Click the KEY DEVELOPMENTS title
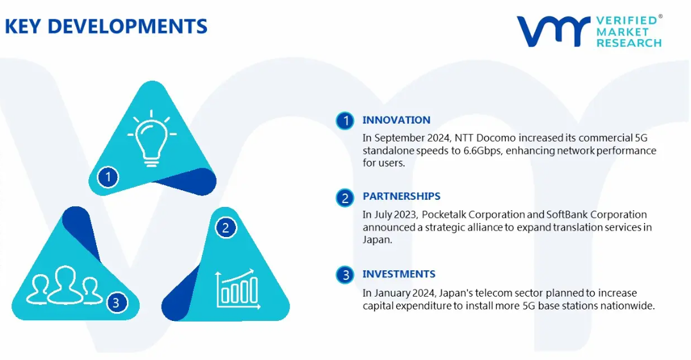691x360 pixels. tap(106, 26)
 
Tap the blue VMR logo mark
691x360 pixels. tap(554, 31)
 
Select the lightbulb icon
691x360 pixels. tap(151, 138)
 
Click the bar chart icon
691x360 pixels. tap(238, 289)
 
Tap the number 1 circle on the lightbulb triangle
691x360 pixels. tap(108, 177)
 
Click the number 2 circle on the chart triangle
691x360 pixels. tap(226, 228)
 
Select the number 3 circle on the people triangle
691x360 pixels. tap(117, 303)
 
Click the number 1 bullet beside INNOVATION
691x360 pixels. tap(345, 120)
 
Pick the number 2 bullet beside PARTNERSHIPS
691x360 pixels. tap(345, 198)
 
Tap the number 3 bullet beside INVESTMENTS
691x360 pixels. tap(345, 275)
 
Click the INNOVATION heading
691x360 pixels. tap(396, 120)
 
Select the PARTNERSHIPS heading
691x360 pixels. tap(401, 196)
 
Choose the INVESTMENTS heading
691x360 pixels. tap(399, 274)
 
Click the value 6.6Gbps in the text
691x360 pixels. tap(482, 151)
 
